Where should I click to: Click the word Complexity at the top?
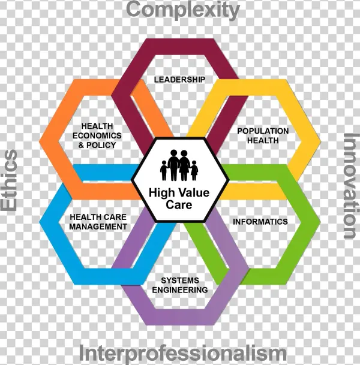(x=183, y=10)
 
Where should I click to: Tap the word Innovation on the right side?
(x=349, y=186)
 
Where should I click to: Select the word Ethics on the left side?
(x=9, y=180)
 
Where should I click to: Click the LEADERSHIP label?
(x=179, y=79)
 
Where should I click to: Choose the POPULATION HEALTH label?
(x=263, y=135)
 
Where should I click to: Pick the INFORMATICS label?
(x=260, y=221)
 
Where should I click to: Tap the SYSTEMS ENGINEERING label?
(x=180, y=285)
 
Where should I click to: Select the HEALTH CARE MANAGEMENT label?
(x=98, y=222)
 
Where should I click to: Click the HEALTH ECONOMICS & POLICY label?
(x=98, y=135)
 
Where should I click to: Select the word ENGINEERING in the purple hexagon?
(x=180, y=290)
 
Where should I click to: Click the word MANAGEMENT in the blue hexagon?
(x=98, y=227)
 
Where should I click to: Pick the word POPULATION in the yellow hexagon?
(x=263, y=131)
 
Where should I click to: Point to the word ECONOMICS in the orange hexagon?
(x=98, y=135)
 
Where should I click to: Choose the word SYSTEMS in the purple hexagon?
(x=180, y=280)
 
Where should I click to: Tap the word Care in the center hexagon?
(x=179, y=204)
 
